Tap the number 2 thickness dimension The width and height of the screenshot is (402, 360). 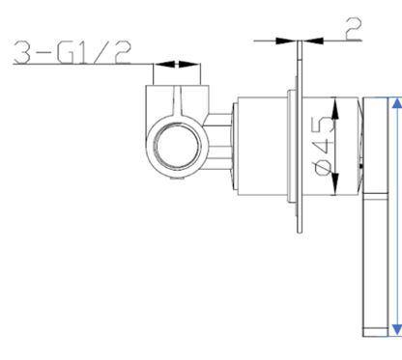353,26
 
